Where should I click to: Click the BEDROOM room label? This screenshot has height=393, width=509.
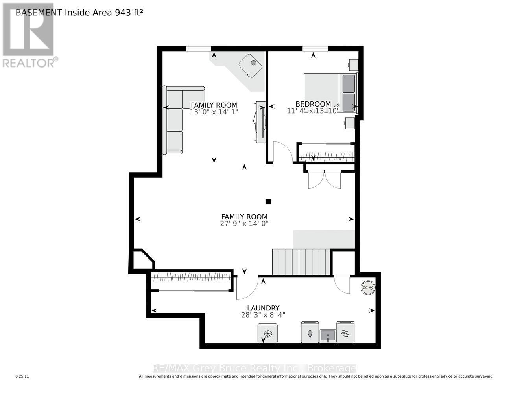313,104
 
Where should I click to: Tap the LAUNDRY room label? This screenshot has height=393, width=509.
263,308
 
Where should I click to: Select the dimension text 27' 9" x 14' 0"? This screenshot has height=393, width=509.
244,224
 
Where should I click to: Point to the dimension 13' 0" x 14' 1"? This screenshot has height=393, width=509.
214,112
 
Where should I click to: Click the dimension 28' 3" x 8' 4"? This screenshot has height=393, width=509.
263,315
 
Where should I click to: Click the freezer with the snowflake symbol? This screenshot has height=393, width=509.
267,333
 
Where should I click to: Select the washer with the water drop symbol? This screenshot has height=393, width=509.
310,332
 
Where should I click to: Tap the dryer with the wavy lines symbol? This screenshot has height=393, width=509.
345,332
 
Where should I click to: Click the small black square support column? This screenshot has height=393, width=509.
268,202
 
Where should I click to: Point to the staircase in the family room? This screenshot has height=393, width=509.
301,262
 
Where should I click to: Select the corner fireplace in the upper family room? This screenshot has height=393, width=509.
251,65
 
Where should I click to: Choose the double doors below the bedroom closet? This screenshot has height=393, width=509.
325,180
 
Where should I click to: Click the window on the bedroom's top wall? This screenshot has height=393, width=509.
315,49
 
